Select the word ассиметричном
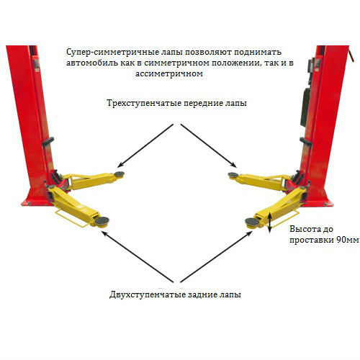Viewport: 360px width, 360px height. pos(169,73)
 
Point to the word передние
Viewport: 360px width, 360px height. pos(203,104)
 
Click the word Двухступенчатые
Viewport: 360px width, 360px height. pos(148,294)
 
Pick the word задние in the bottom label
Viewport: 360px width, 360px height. pos(202,294)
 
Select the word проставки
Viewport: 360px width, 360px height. pos(312,240)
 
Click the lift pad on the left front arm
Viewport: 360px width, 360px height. pos(120,174)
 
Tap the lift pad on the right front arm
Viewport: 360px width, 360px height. pos(233,175)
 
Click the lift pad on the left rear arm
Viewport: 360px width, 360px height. pos(102,220)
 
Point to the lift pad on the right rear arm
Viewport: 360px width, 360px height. pos(252,222)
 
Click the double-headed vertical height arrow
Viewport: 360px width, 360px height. pos(270,222)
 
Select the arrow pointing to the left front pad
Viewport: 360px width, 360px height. pos(145,145)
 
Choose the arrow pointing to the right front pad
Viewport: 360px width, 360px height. pos(208,145)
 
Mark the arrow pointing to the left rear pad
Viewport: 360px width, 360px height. pos(137,256)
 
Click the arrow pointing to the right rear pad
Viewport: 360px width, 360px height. pos(216,257)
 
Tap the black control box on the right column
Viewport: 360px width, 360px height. pos(305,107)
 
